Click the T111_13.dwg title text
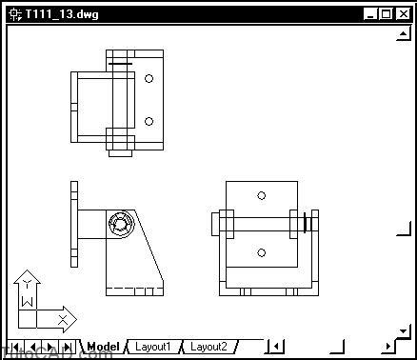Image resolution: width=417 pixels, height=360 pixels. (x=63, y=14)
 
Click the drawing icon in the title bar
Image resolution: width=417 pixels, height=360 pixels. (x=14, y=14)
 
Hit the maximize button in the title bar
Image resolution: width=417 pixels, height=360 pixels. (x=386, y=14)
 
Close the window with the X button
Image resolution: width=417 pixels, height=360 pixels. (x=402, y=14)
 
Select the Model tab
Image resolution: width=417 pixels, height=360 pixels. (x=103, y=347)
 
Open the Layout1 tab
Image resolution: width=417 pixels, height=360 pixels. (x=152, y=347)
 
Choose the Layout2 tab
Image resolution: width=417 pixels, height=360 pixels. (x=208, y=347)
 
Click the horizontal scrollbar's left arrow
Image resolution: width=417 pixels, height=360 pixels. (x=274, y=347)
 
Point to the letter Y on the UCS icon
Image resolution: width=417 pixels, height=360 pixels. (x=29, y=283)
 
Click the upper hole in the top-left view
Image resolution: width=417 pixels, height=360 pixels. (x=149, y=80)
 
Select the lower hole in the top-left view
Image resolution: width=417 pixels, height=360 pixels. (x=149, y=121)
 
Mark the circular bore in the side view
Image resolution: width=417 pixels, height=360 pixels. (x=119, y=226)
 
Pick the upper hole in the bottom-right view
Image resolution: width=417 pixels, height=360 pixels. (x=261, y=195)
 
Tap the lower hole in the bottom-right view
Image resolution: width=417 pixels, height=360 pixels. (x=261, y=253)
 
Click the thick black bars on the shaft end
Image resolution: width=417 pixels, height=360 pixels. (x=307, y=225)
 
